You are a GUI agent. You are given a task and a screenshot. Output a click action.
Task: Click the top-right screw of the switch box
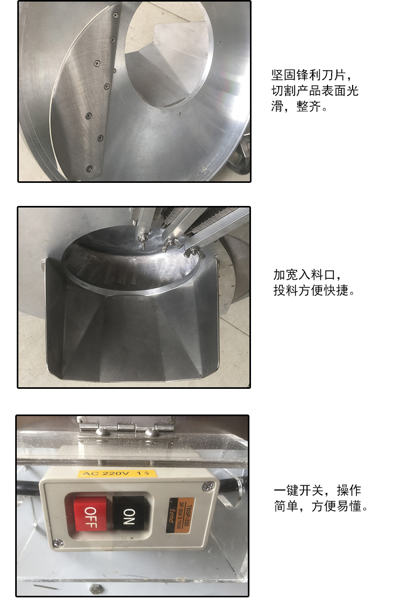tap(209, 487)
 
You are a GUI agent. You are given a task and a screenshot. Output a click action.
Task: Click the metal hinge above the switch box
tap(126, 431)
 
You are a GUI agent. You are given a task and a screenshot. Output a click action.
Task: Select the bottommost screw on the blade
tap(89, 168)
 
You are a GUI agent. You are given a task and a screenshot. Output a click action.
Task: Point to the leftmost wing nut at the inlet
tap(143, 243)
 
